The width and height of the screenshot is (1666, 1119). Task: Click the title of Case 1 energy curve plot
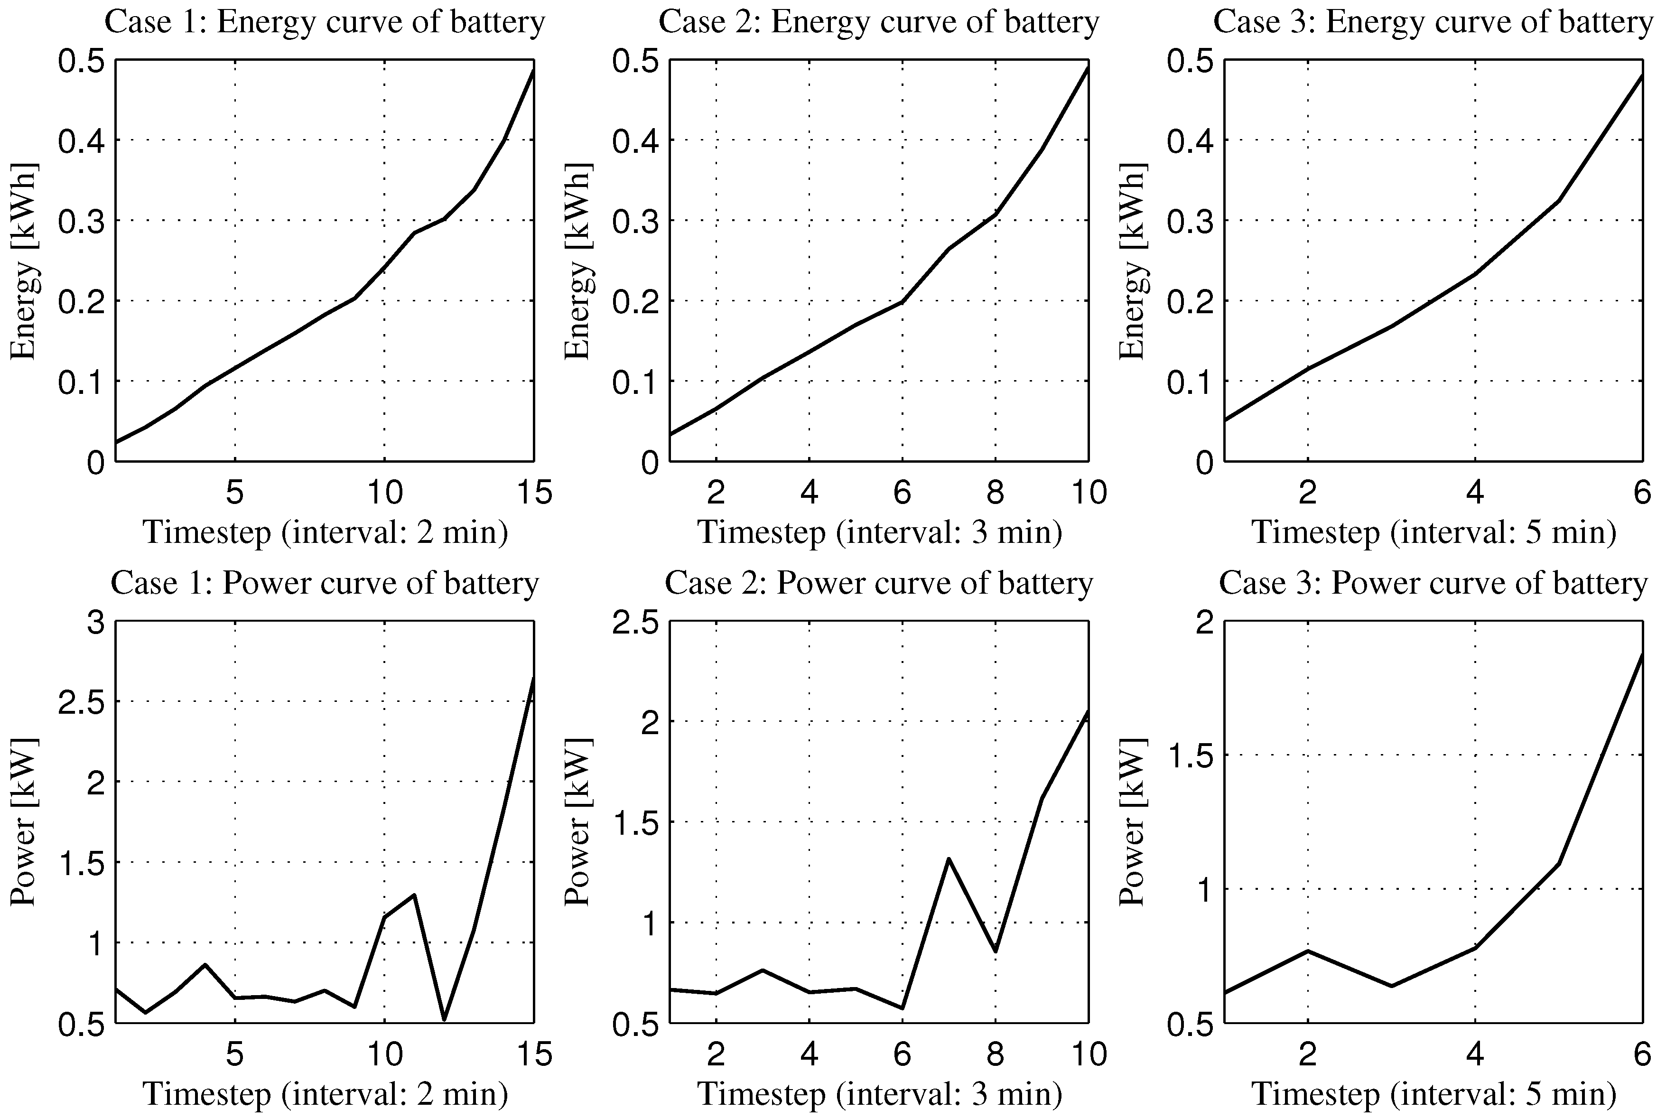pos(325,22)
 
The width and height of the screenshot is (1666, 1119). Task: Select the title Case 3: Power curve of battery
pos(1433,583)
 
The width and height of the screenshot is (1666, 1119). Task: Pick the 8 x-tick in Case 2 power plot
pos(996,1054)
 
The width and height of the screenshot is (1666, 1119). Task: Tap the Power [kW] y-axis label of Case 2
pos(578,822)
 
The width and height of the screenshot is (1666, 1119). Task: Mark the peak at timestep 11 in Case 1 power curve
pos(414,895)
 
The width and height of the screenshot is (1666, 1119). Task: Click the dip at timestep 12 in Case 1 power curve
pos(444,1019)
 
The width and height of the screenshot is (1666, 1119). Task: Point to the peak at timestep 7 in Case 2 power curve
pos(949,859)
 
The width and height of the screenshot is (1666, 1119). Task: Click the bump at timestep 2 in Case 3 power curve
pos(1308,951)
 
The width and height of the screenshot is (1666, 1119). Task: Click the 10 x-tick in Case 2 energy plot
pos(1088,493)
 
